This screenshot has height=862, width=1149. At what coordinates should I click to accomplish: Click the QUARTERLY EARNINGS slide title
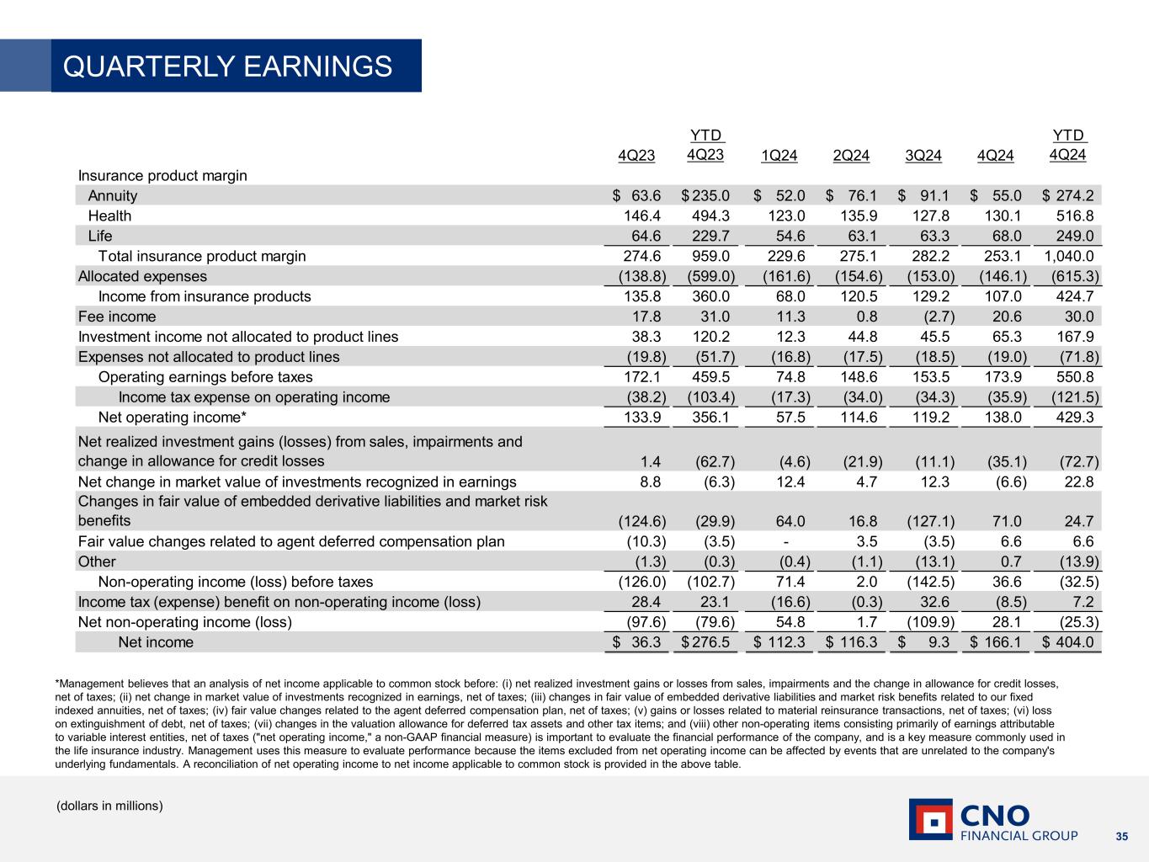click(x=227, y=67)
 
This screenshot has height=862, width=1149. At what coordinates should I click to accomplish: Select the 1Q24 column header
click(x=779, y=156)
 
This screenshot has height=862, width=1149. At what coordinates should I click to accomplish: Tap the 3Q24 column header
click(x=923, y=156)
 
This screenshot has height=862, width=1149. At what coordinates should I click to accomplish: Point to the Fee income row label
click(x=117, y=317)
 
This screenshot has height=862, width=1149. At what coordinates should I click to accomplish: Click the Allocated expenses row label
click(x=142, y=277)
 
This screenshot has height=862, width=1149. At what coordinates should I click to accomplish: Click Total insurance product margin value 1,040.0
click(x=1069, y=257)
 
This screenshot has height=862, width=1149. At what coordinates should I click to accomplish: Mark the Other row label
click(x=97, y=561)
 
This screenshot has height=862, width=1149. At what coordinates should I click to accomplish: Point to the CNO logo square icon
click(x=930, y=819)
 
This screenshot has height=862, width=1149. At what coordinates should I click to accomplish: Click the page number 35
click(x=1121, y=836)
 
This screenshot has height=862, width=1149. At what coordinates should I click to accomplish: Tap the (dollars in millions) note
click(x=109, y=806)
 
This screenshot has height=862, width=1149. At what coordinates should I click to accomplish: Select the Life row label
click(x=100, y=237)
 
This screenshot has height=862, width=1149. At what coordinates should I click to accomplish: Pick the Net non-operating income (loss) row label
click(x=184, y=623)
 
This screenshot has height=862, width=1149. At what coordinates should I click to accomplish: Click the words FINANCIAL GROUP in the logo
click(x=1019, y=836)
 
